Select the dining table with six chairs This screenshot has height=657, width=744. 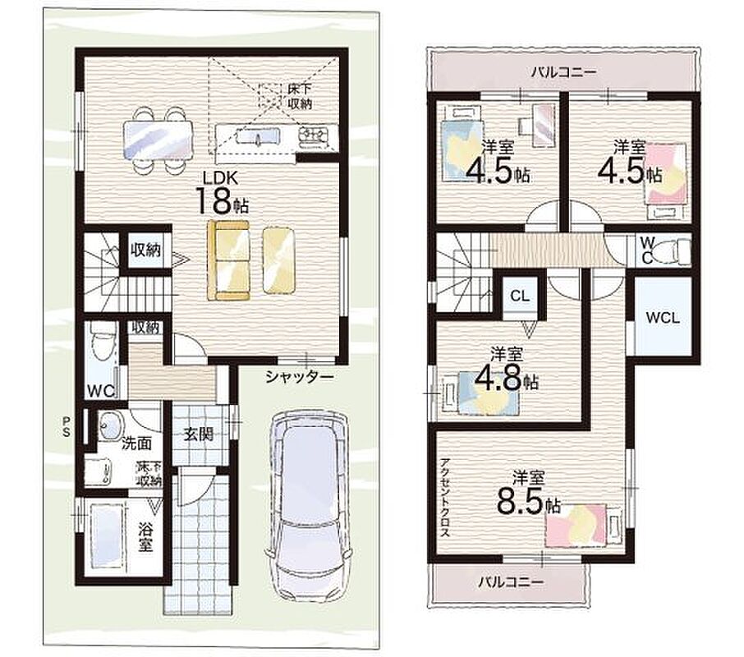click(x=158, y=140)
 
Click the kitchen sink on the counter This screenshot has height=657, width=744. click(x=257, y=136)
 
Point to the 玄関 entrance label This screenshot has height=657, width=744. click(x=199, y=434)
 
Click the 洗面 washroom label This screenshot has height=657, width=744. click(x=136, y=443)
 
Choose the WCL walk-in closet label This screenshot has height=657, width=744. click(x=663, y=318)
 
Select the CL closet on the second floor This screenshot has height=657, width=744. click(x=520, y=296)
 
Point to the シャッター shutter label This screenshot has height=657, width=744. click(x=300, y=377)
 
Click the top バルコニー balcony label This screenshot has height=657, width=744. click(x=563, y=72)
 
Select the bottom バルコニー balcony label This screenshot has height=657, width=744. click(x=511, y=581)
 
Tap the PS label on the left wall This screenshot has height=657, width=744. click(x=66, y=426)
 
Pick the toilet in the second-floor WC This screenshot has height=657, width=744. click(x=676, y=250)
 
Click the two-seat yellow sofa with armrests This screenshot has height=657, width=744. click(x=228, y=260)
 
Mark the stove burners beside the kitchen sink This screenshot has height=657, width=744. click(x=313, y=136)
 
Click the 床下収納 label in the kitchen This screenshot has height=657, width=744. click(x=300, y=96)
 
